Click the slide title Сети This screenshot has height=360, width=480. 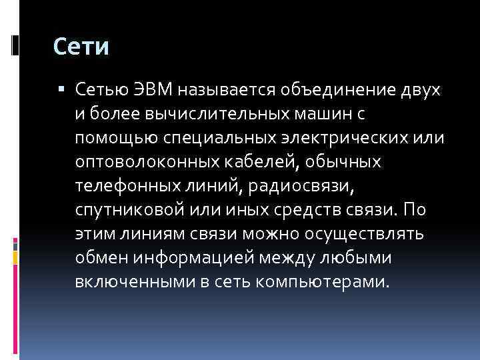coord(81,47)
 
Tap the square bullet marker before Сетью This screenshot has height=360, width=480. coord(61,89)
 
